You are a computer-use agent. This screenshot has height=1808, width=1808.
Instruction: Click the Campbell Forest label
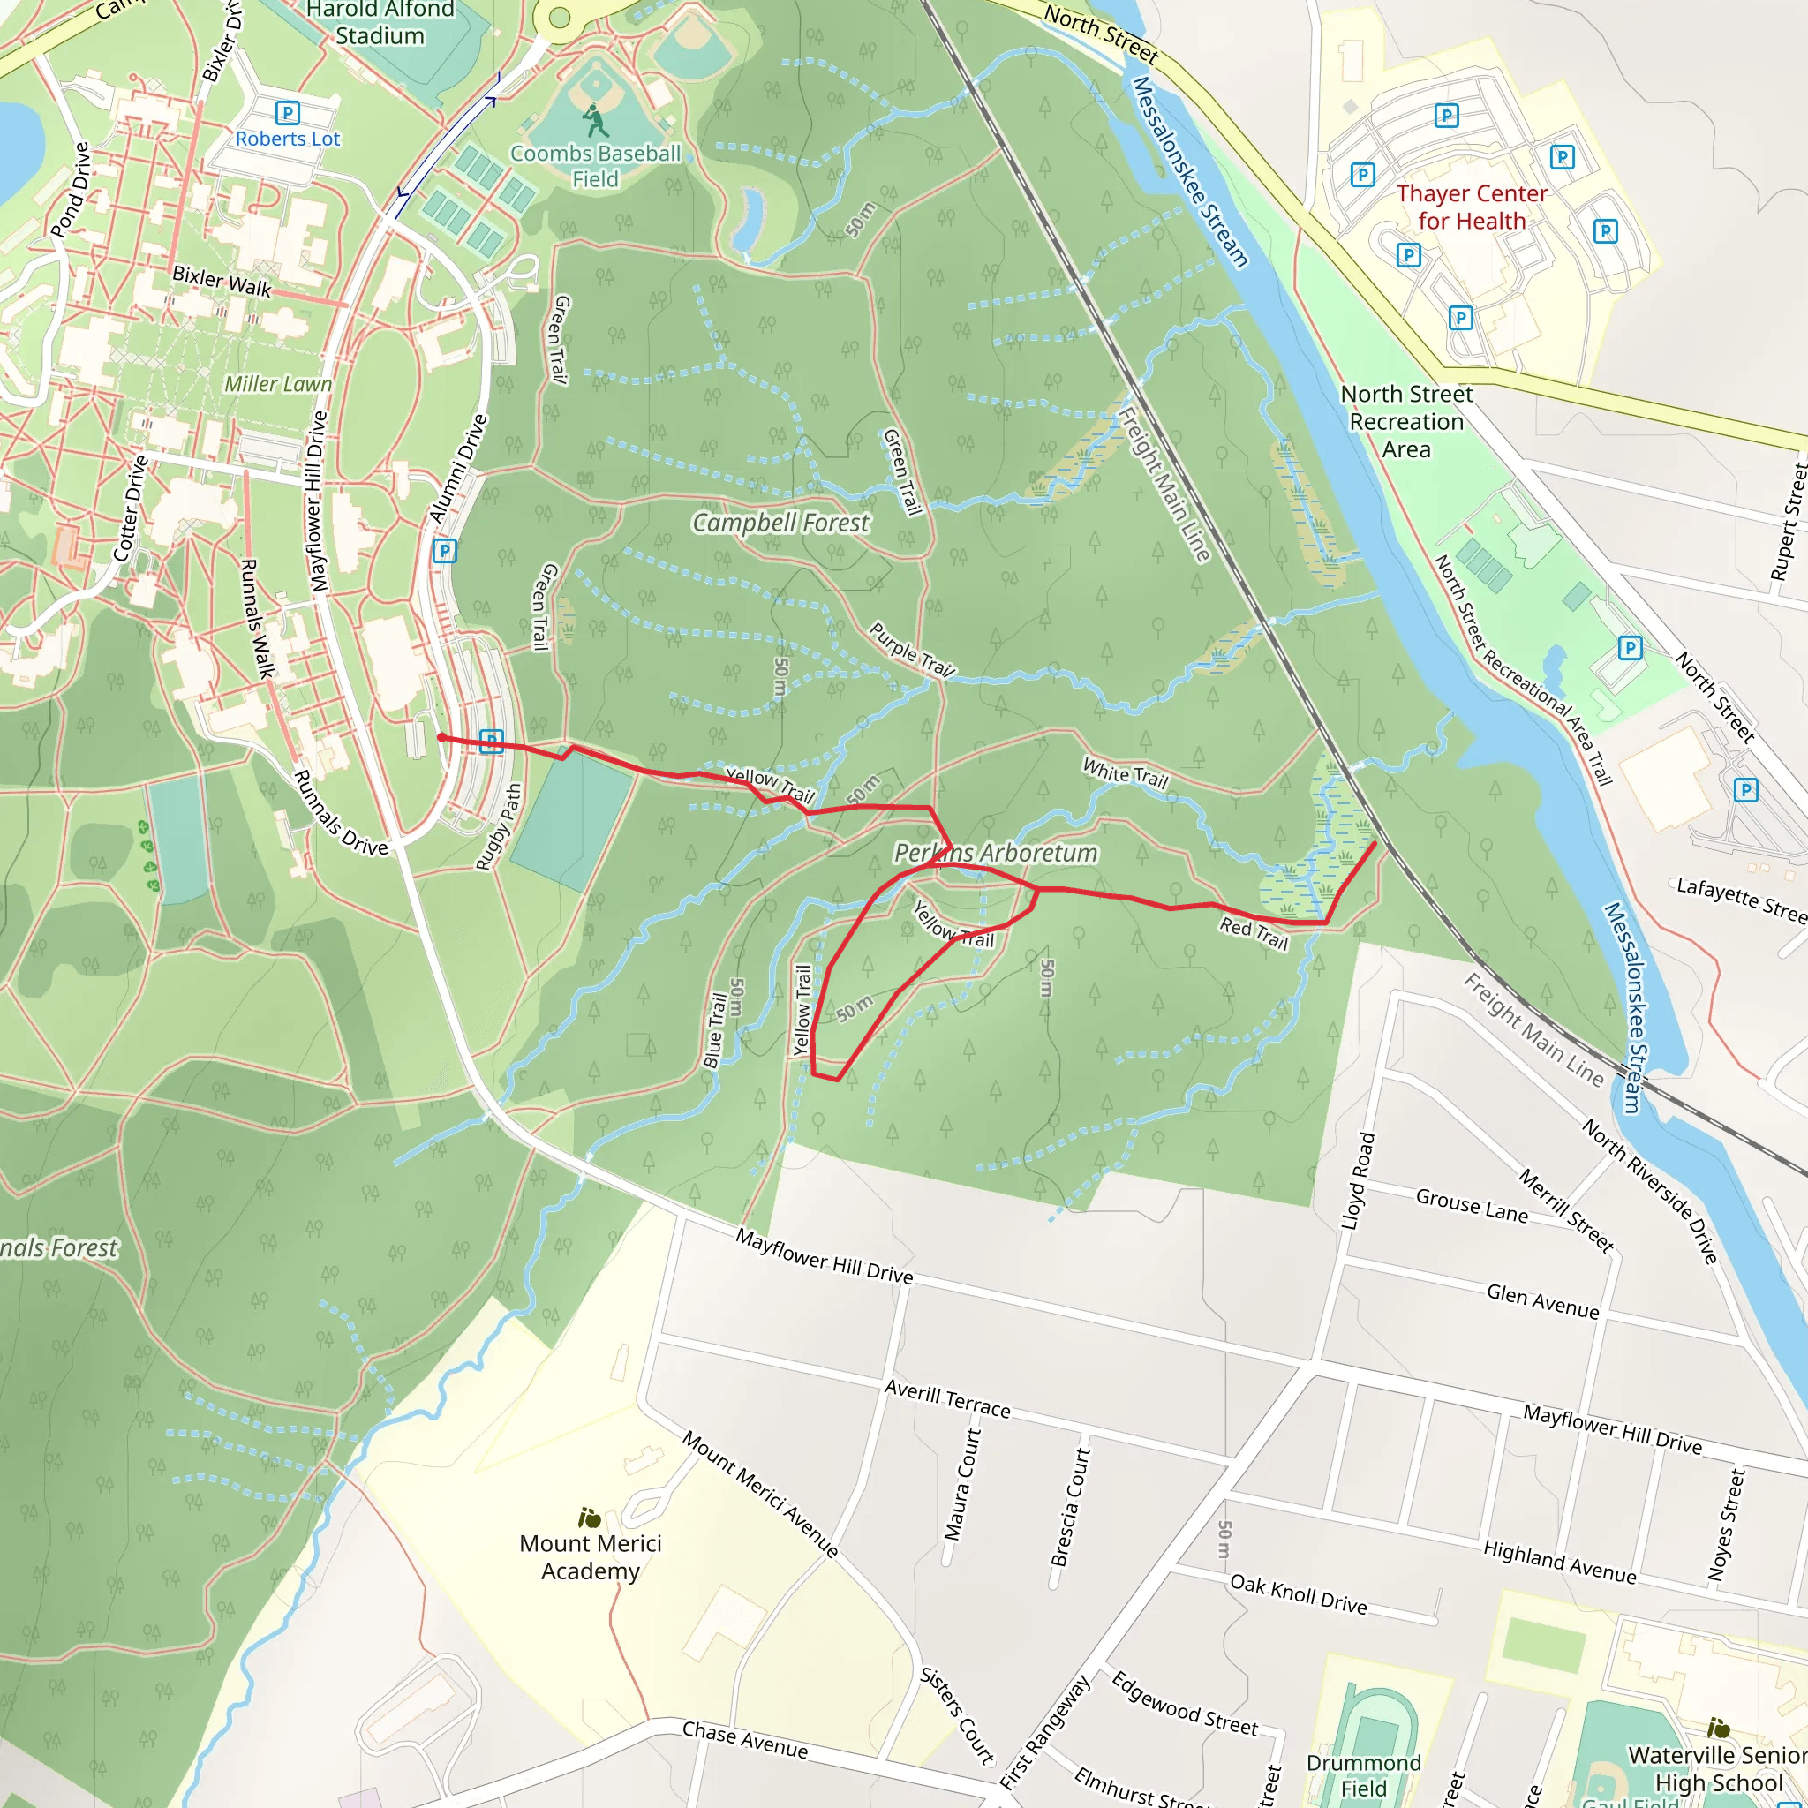tap(780, 524)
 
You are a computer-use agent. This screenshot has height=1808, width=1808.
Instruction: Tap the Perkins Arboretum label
tap(996, 853)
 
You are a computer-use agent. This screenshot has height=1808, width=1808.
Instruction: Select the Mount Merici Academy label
tap(591, 1557)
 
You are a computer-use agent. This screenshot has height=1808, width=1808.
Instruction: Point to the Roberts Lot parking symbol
tap(287, 113)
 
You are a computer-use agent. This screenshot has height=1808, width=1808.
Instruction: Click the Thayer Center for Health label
tap(1471, 207)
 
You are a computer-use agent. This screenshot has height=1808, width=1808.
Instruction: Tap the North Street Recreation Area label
tap(1406, 421)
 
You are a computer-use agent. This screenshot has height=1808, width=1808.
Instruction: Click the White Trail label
tap(1126, 773)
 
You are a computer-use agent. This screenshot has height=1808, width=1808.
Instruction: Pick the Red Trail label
tap(1254, 933)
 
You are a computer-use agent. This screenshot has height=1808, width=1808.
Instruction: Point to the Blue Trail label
tap(715, 1030)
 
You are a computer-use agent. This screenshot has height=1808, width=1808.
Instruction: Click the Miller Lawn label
tap(278, 384)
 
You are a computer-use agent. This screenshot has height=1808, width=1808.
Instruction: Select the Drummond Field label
tap(1363, 1775)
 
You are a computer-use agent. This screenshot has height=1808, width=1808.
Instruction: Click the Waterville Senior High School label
tap(1718, 1767)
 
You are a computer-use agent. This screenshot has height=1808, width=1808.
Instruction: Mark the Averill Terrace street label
tap(948, 1399)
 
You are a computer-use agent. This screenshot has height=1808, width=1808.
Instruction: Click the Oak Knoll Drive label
tap(1298, 1593)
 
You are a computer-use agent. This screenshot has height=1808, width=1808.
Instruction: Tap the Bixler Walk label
tap(222, 281)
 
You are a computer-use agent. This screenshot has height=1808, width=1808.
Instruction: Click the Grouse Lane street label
tap(1471, 1205)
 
